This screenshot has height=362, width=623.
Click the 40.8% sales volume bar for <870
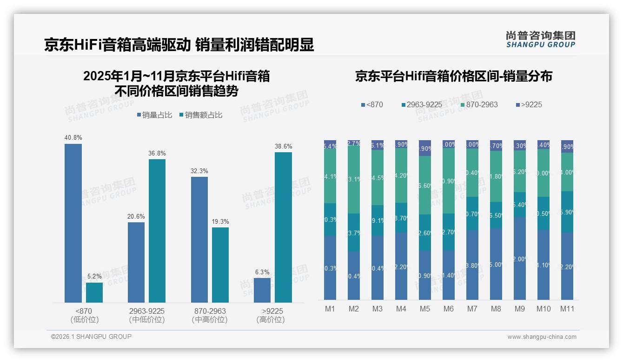(x=73, y=223)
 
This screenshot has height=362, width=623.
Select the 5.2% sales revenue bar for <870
(x=94, y=292)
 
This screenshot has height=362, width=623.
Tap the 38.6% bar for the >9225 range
(x=283, y=227)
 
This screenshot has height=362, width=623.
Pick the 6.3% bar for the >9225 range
(x=262, y=290)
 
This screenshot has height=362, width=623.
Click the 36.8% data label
(x=157, y=153)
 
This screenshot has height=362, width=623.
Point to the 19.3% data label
(x=220, y=221)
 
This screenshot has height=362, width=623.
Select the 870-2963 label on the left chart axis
(x=209, y=311)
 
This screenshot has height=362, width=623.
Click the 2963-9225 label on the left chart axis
(x=146, y=311)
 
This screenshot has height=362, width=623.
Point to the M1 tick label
(x=330, y=309)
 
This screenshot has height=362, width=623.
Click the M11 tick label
(x=567, y=309)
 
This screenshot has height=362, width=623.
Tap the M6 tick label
(x=448, y=309)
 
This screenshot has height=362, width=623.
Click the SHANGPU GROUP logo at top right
(x=540, y=39)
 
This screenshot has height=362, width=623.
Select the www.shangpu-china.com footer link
(x=542, y=337)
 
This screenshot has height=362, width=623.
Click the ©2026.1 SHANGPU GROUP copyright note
(x=91, y=336)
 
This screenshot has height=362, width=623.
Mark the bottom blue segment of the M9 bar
(x=519, y=258)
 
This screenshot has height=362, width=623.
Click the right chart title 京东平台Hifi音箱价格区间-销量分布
(x=453, y=76)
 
